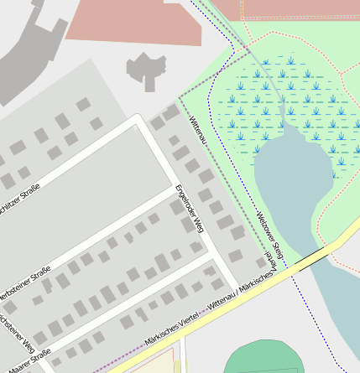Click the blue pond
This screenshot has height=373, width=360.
290,184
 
